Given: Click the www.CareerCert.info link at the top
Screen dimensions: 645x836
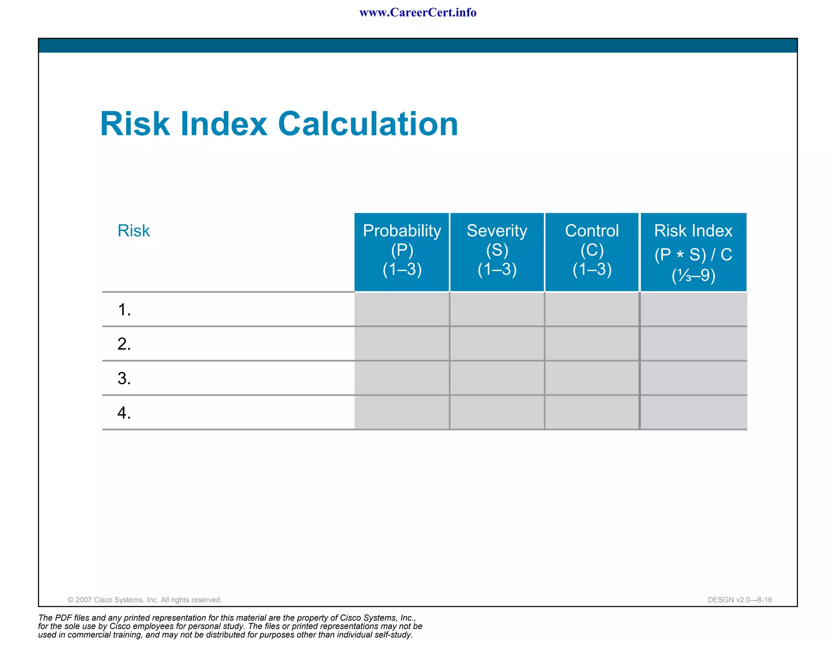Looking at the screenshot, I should coord(418,13).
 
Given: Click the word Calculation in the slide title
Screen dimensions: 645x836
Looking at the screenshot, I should coord(368,124).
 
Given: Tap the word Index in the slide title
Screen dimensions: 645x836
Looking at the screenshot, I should coord(224,124).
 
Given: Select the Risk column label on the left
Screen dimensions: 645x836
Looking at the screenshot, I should coord(133,231).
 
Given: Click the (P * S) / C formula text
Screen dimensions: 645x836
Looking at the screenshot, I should coord(693,254).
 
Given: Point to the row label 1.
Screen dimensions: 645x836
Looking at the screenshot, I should coord(124,310).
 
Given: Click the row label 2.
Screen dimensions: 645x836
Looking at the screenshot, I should coord(124,344).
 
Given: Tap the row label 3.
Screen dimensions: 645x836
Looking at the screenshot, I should coord(124,378).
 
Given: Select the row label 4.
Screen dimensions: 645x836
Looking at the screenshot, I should coord(124,413).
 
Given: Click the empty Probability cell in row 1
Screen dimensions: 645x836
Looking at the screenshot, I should coord(402,309).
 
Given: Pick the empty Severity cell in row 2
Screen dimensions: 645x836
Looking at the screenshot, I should coord(497,344).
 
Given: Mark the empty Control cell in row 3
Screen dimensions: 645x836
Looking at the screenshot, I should coord(591,378).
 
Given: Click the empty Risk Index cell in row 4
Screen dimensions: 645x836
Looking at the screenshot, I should coord(693,412).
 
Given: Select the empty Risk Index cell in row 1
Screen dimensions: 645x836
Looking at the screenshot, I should coord(693,309).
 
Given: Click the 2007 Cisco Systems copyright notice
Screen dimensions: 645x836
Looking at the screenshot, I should coord(145,600).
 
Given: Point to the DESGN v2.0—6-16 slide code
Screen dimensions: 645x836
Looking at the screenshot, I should coord(740,600).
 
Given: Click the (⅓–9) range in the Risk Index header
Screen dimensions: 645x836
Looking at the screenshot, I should coord(693,276).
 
